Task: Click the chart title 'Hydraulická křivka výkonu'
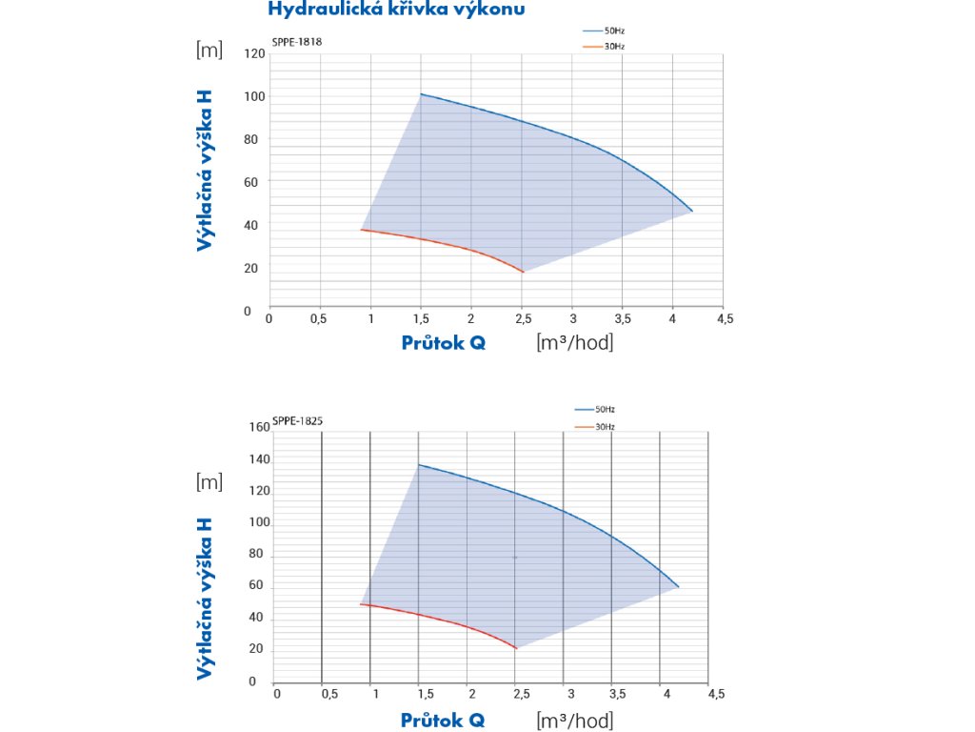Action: pos(396,10)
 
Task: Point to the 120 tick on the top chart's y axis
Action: pos(254,53)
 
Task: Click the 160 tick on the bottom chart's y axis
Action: pos(259,427)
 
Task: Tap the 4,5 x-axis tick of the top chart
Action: pos(725,319)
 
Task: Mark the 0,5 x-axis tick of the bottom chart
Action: pos(330,693)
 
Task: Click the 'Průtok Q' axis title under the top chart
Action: pos(443,343)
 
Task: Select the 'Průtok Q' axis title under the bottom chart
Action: pos(443,720)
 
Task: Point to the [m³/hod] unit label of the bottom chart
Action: pos(575,720)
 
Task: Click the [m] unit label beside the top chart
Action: pos(209,51)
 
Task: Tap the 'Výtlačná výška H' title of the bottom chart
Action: pos(204,599)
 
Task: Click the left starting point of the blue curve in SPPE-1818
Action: pos(420,94)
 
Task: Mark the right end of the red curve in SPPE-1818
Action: pos(523,273)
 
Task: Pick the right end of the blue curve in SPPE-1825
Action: pos(679,587)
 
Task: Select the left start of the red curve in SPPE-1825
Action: pos(361,604)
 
